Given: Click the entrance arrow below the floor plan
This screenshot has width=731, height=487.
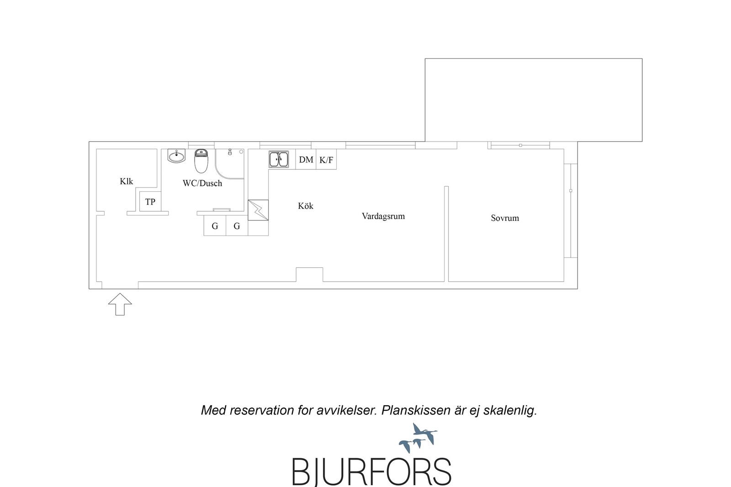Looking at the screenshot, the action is point(120,304).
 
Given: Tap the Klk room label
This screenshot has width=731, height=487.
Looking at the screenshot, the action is point(126,181).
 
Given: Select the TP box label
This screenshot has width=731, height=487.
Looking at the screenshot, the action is point(150,202).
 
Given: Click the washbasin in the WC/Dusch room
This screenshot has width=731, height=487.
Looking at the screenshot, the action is point(176,156).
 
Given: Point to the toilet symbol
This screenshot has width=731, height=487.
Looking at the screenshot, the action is point(201,161).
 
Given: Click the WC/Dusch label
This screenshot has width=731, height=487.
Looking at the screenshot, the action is point(202,183).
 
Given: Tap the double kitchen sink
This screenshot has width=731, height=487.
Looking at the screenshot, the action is point(279,159).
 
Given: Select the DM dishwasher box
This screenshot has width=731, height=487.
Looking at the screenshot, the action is point(306,159).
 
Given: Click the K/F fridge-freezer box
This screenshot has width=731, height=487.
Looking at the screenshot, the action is point(326,159).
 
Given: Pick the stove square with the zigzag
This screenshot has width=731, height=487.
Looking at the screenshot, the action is point(258,210).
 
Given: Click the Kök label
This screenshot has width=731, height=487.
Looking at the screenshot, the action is point(306,206).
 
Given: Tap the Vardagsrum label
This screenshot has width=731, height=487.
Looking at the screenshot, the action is point(383,216).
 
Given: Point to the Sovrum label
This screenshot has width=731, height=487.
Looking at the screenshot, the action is point(505,218).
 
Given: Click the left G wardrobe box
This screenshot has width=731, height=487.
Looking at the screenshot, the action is point(215,225).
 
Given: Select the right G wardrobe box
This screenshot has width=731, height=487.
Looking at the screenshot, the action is point(237,225).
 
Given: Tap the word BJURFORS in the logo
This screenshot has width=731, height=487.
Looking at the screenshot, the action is point(371,471).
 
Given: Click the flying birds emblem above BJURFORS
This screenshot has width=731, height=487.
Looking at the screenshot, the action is point(418,437).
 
